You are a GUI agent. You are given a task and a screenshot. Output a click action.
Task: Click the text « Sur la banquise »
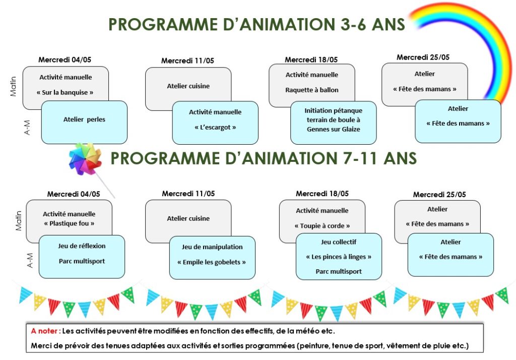pos(65,93)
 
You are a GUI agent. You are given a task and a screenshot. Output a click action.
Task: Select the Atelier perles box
pos(84,122)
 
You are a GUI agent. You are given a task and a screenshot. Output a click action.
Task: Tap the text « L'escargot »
pos(215,128)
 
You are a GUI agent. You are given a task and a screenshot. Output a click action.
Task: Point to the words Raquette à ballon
pos(311,90)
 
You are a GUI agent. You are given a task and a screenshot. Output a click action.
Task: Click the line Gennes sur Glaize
pos(334,130)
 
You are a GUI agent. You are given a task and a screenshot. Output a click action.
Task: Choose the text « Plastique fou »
pos(69,224)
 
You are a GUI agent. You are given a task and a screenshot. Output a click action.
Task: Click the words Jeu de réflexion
pos(82,246)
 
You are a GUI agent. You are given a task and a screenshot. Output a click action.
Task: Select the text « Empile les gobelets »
pos(212,262)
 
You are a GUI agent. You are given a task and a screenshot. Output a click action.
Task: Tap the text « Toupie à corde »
pos(322,226)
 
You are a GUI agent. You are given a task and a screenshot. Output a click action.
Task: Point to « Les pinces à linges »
pos(339,257)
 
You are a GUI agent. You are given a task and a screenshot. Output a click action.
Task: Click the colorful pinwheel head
pos(85,159)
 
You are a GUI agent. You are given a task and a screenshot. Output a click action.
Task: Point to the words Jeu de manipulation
pos(212,247)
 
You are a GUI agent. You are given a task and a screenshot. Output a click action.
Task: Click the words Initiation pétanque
pos(334,110)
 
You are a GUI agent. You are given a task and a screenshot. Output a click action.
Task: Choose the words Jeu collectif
pos(339,242)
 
